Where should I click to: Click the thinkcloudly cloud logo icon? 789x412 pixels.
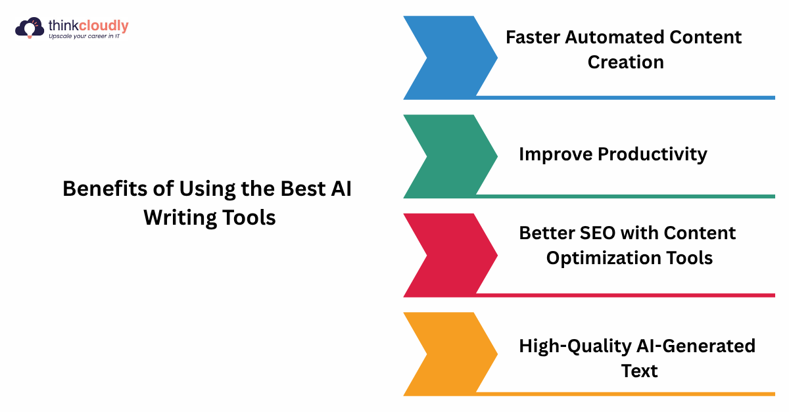coord(29,28)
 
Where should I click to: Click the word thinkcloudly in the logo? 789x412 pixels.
coord(88,26)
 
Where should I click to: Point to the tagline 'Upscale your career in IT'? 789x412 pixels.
coord(88,36)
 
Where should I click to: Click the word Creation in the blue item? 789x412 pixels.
coord(625,62)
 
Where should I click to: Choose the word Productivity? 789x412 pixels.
coord(652,154)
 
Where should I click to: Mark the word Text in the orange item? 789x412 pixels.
coord(639,371)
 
